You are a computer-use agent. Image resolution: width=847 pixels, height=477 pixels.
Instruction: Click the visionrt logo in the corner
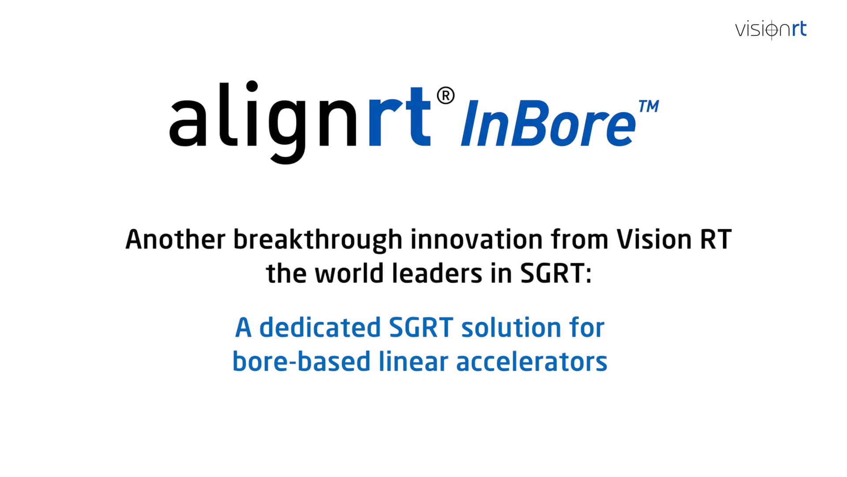click(771, 30)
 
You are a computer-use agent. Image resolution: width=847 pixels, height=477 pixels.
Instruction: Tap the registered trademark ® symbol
click(446, 96)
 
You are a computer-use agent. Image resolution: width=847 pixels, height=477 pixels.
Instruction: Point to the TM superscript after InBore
click(648, 106)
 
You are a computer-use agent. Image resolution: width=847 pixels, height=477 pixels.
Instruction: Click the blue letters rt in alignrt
click(399, 117)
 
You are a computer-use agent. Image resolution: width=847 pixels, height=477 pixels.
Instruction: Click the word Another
click(175, 240)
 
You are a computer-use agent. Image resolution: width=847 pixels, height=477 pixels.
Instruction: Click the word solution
click(511, 328)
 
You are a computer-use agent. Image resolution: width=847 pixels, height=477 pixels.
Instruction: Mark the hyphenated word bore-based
click(301, 362)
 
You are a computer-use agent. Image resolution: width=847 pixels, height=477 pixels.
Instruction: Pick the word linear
click(413, 362)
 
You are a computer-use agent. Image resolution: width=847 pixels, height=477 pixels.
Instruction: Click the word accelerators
click(532, 362)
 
